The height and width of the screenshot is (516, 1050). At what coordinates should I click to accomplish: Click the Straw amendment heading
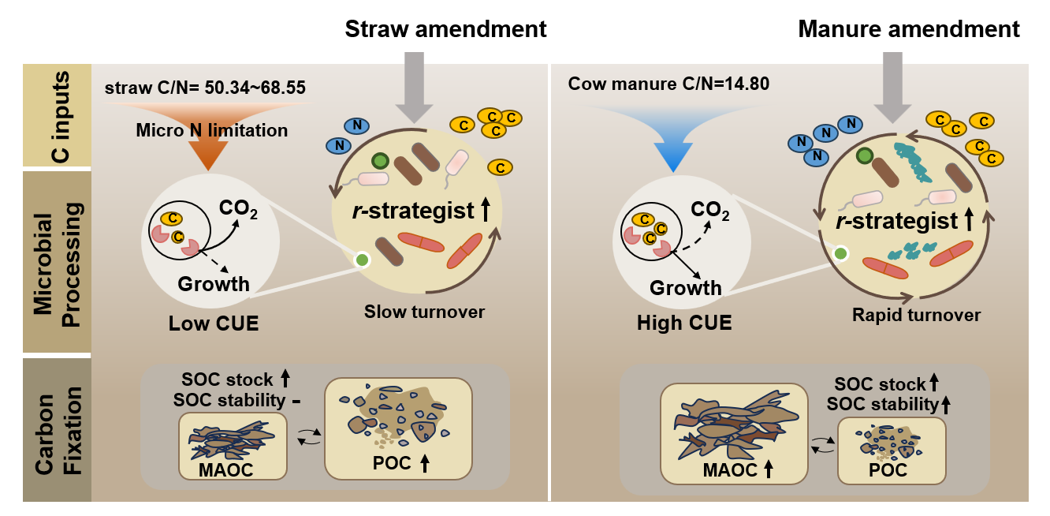[x=445, y=30]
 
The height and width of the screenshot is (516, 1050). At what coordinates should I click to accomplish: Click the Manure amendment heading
[x=909, y=30]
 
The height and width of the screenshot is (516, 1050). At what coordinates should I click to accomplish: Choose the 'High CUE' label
[x=683, y=323]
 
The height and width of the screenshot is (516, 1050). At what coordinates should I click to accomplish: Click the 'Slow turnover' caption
[x=424, y=312]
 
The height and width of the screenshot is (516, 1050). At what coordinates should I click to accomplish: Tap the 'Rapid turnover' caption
[x=916, y=316]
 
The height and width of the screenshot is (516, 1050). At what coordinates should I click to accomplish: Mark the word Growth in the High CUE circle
[x=685, y=288]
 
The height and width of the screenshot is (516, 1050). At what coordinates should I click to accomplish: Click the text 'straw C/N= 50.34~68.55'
[x=205, y=86]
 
